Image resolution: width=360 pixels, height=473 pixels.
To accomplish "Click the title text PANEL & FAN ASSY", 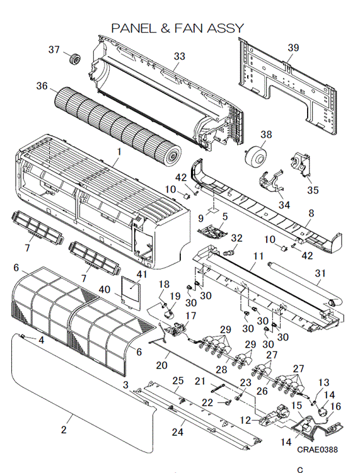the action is pyautogui.click(x=178, y=28).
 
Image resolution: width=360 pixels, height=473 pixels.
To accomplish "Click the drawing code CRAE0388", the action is pyautogui.click(x=317, y=450).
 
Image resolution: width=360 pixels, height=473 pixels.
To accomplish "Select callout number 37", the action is pyautogui.click(x=54, y=50).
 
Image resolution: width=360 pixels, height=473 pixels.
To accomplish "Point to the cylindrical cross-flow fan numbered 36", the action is pyautogui.click(x=118, y=122).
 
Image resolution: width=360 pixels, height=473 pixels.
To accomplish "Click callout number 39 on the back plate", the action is pyautogui.click(x=293, y=48).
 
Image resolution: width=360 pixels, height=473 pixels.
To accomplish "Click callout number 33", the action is pyautogui.click(x=180, y=56).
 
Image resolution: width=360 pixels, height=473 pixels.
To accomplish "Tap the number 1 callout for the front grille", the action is pyautogui.click(x=119, y=151).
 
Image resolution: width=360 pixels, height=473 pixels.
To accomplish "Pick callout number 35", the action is pyautogui.click(x=313, y=190).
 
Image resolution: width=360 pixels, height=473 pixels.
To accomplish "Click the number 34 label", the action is pyautogui.click(x=284, y=205).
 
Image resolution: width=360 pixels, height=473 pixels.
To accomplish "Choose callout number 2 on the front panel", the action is pyautogui.click(x=64, y=430).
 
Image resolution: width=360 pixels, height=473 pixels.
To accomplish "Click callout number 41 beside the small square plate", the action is pyautogui.click(x=142, y=274).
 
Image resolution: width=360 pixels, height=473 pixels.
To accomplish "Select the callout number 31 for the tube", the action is pyautogui.click(x=320, y=273).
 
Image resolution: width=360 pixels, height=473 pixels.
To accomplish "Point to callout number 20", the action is pyautogui.click(x=161, y=365).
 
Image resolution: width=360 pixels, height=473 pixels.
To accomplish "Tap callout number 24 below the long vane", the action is pyautogui.click(x=178, y=432).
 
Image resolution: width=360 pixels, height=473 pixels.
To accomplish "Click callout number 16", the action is pyautogui.click(x=335, y=406).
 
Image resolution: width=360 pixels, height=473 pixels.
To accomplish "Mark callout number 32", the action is pyautogui.click(x=237, y=238).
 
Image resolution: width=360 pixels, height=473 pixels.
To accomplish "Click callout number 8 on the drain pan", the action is pyautogui.click(x=311, y=213).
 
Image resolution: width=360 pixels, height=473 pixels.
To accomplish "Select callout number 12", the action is pyautogui.click(x=245, y=420).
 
